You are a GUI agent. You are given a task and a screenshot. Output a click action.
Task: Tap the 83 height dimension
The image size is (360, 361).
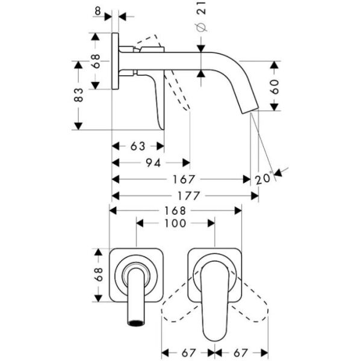[x=78, y=94]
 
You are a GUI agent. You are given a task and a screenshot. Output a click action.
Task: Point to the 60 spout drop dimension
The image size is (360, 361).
[x=275, y=85]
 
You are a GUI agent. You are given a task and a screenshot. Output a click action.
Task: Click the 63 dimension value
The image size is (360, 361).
[x=137, y=146]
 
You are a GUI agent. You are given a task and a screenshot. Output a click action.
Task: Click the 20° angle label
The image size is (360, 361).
[x=264, y=178]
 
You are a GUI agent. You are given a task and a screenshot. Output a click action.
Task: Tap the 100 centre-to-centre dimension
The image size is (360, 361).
[x=175, y=223]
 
